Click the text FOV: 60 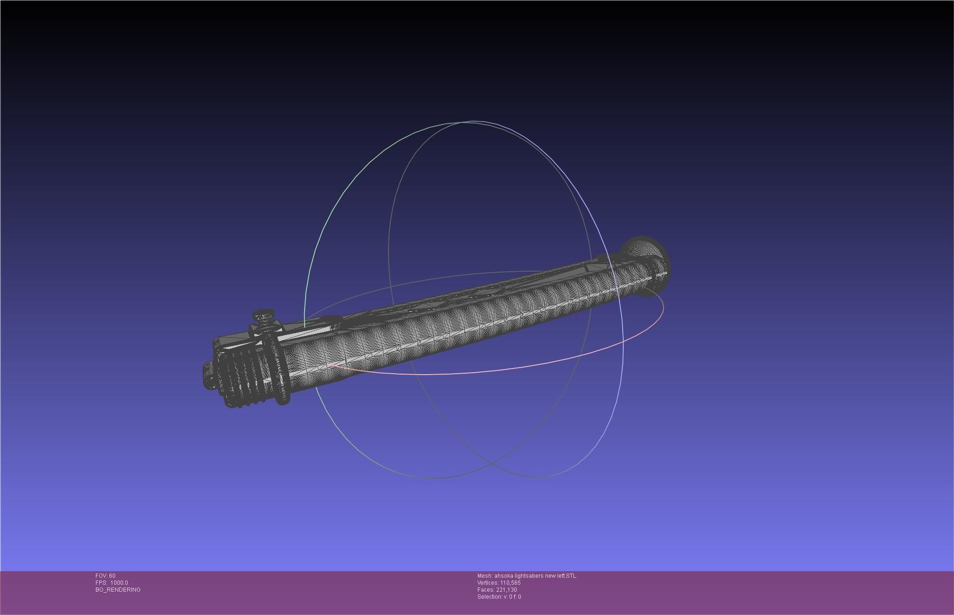click(105, 576)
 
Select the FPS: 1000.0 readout click(112, 583)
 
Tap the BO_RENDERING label click(118, 590)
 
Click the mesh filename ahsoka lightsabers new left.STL click(535, 576)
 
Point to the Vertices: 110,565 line click(499, 583)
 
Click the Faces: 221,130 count click(497, 590)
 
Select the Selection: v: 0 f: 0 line click(499, 597)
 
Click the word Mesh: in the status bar click(484, 576)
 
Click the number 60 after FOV click(112, 576)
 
